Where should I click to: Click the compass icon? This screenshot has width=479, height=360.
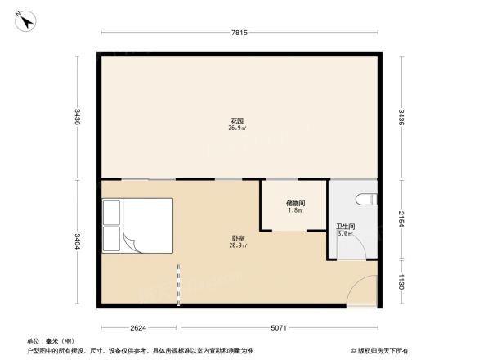[x=27, y=21]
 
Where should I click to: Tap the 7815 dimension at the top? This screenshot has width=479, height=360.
[x=239, y=33]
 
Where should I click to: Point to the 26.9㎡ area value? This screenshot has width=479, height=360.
[x=239, y=128]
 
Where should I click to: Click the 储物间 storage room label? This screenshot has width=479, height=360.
[x=296, y=203]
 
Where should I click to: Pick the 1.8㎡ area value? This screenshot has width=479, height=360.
[x=296, y=210]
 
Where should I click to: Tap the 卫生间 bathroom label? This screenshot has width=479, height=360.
[x=345, y=226]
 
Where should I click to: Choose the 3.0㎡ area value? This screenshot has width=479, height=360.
[x=345, y=233]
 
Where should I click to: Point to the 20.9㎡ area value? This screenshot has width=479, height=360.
[x=239, y=245]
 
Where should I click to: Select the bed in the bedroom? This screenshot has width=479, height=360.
[x=137, y=225]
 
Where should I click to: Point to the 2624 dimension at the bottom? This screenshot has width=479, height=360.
[x=138, y=328]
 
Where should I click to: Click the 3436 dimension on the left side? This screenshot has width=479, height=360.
[x=78, y=116]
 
